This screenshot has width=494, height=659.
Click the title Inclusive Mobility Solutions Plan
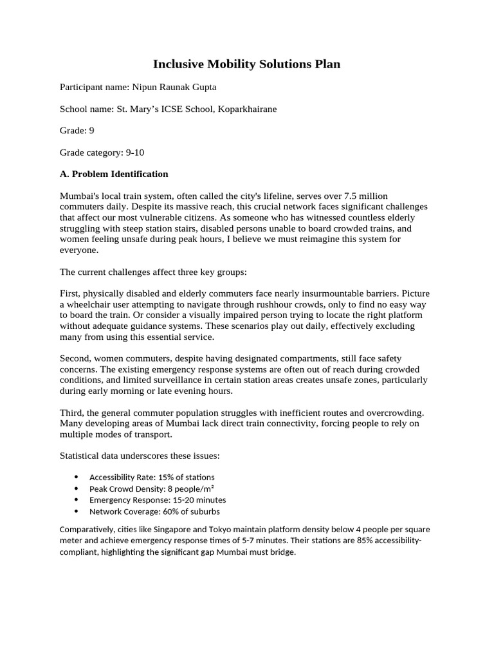(246, 64)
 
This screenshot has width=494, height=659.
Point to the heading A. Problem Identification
(114, 174)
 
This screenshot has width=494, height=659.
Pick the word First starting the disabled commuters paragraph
(69, 293)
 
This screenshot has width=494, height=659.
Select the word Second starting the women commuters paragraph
(74, 358)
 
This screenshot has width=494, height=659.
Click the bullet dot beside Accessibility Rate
(77, 478)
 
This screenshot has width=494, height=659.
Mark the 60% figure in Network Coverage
(163, 512)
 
